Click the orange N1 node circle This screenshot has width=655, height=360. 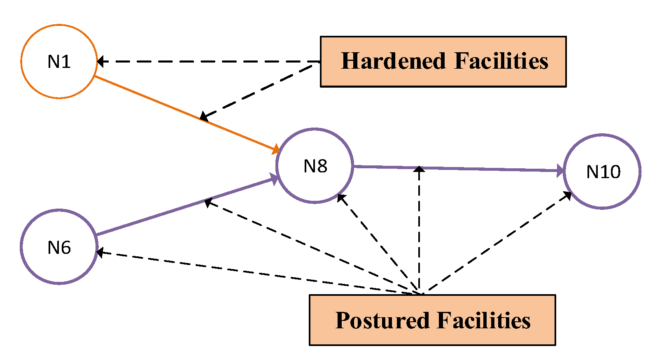(x=59, y=62)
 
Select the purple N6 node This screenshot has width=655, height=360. (x=59, y=247)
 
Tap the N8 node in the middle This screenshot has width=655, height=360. (x=315, y=166)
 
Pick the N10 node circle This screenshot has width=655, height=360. (x=602, y=172)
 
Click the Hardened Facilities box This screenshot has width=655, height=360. (x=443, y=62)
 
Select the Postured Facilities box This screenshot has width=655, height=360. (x=432, y=320)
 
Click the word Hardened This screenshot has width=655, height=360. (x=393, y=61)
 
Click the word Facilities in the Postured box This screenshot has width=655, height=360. (x=484, y=321)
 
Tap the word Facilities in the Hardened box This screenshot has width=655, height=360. (x=501, y=61)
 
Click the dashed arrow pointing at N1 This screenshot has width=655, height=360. (x=206, y=62)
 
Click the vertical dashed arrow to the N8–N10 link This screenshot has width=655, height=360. (x=419, y=230)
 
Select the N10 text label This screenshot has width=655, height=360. (x=603, y=172)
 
